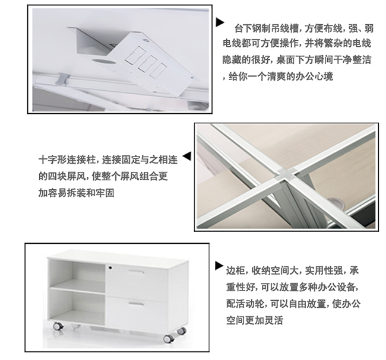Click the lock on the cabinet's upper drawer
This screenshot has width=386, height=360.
pos(110,267)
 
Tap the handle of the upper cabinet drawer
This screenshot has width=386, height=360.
pos(136,272)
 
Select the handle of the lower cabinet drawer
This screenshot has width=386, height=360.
pos(136,304)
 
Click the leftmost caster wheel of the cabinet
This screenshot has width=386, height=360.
pos(58,326)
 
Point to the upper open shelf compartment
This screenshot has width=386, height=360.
pos(77,274)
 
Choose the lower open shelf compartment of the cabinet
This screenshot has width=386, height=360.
pos(77,306)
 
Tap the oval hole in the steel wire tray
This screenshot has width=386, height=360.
pos(104,61)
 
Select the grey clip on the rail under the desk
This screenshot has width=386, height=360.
pos(62,79)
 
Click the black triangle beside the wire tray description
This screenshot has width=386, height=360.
pos(220,22)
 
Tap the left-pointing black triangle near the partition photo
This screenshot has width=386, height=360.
pos(187,156)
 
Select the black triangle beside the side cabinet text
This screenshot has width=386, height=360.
pos(219,266)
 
